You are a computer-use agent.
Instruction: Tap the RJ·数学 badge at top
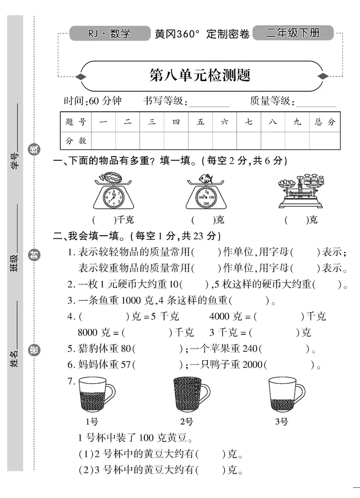tap(110, 33)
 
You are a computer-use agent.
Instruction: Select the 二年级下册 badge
tap(293, 33)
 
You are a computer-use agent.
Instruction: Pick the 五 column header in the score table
tap(201, 122)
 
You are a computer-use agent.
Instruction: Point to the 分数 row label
tap(76, 141)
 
